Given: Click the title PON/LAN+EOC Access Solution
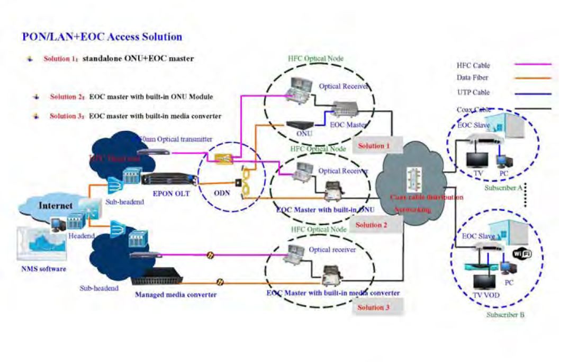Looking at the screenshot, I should [x=102, y=37].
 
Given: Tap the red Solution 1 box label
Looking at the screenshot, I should [x=374, y=146].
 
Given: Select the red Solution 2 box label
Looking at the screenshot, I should [x=372, y=225].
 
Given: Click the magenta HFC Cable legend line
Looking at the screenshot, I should [x=532, y=65].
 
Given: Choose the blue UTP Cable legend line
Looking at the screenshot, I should [x=532, y=94].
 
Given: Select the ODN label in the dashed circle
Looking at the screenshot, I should [x=222, y=193].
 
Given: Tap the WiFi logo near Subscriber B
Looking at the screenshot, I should [x=522, y=254].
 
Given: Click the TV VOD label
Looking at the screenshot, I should [x=484, y=295].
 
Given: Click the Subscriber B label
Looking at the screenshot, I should [x=505, y=315].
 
